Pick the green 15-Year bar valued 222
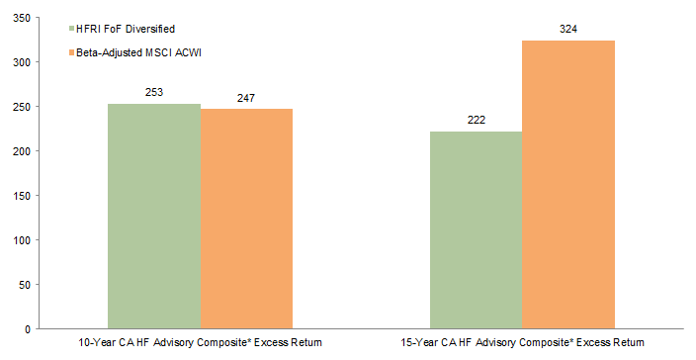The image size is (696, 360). [x=476, y=229]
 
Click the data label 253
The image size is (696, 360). [x=154, y=93]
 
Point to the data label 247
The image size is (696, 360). [x=246, y=98]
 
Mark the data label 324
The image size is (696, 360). [x=567, y=30]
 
